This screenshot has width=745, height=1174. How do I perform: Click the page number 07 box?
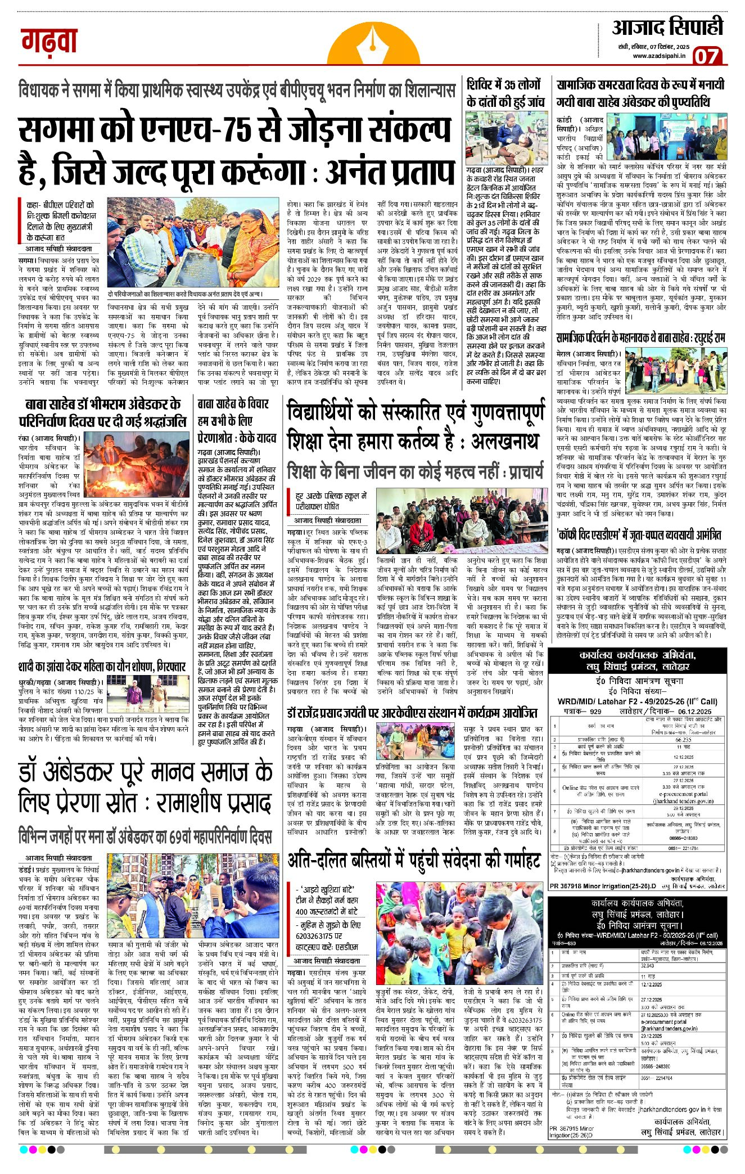click(x=706, y=56)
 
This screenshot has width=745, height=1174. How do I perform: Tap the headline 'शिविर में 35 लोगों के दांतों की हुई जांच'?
click(x=505, y=93)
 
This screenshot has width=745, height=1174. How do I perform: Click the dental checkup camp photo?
click(x=505, y=137)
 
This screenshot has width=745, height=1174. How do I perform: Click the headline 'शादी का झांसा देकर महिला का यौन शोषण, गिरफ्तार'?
click(x=102, y=667)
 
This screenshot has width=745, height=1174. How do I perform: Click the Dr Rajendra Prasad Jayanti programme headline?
click(x=412, y=713)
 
